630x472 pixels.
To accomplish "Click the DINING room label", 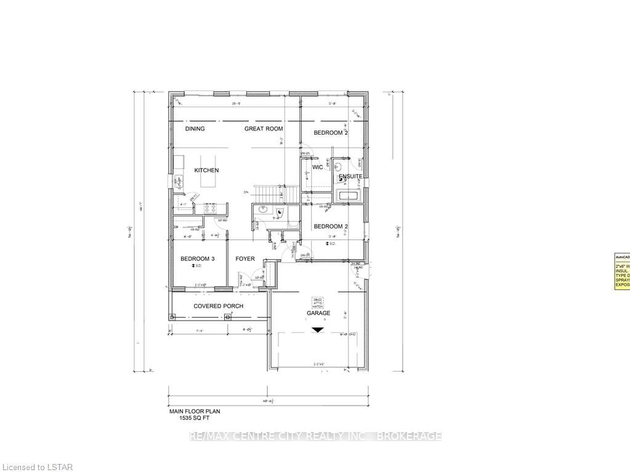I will (x=195, y=129).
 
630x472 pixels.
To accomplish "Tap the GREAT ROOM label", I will (x=263, y=129).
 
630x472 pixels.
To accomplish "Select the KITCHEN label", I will (x=206, y=170).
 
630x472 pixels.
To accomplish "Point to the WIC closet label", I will (x=318, y=167).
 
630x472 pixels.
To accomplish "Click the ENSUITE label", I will (x=350, y=177).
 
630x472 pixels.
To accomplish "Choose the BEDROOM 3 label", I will (x=197, y=259).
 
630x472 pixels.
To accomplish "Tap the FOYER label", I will (x=245, y=259).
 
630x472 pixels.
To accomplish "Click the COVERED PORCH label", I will (x=218, y=306).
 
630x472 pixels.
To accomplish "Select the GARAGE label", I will (x=318, y=313).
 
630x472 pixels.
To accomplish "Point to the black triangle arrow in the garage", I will (x=317, y=330).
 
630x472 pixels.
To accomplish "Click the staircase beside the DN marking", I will (x=269, y=193).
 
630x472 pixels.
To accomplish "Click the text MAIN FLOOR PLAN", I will (x=195, y=411).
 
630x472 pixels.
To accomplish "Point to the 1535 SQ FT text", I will (x=195, y=418).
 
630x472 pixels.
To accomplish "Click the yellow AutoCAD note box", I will (x=621, y=271).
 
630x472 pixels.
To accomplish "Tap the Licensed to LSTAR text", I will (x=37, y=467).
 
